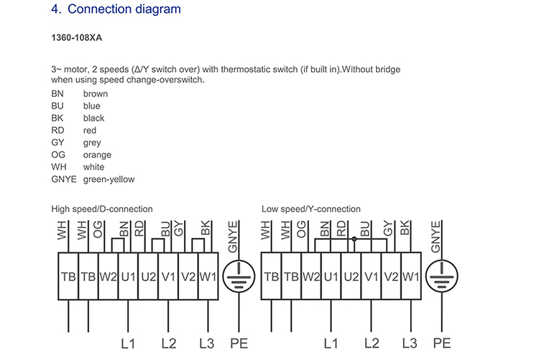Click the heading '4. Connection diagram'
point(116,9)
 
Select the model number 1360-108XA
point(77,37)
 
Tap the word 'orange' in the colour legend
point(97,155)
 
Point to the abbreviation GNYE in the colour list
point(63,179)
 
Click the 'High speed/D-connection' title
point(102,209)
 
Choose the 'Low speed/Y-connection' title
point(310,209)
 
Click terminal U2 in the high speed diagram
point(148,277)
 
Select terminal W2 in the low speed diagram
point(311,277)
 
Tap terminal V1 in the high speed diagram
point(168,277)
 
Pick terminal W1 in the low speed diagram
point(411,277)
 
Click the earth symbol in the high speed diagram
point(239,277)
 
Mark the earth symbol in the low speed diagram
point(442,276)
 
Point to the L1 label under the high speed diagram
point(128,343)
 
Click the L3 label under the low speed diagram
point(410,343)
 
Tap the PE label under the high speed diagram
point(239,343)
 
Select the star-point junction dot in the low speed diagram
point(354,239)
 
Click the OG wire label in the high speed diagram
point(98,229)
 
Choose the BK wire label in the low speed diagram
point(405,228)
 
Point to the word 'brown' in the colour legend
point(95,94)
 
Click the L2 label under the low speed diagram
point(372,343)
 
